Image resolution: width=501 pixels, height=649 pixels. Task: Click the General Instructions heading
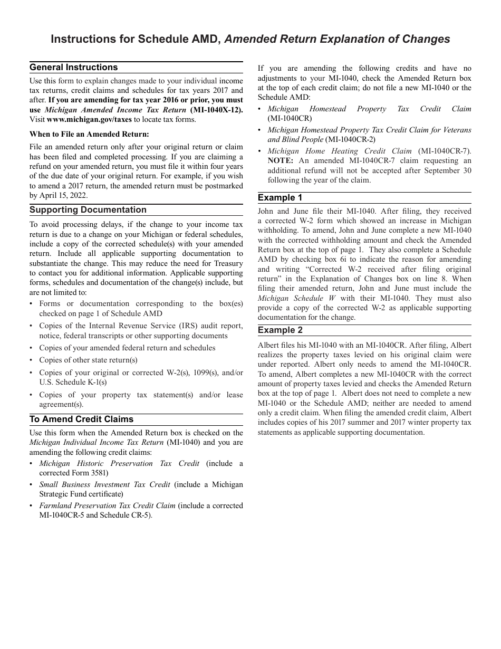coord(74,68)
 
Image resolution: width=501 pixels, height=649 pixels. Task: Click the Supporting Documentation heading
coord(88,210)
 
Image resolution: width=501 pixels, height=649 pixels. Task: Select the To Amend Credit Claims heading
coord(81,419)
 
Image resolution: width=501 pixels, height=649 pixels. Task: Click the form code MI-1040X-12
coord(217,110)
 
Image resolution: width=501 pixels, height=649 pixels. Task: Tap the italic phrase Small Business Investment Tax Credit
coord(104,484)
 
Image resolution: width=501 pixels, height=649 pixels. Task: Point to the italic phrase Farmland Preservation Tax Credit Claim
coord(107,505)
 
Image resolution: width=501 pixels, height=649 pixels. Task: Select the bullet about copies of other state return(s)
coord(88,360)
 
